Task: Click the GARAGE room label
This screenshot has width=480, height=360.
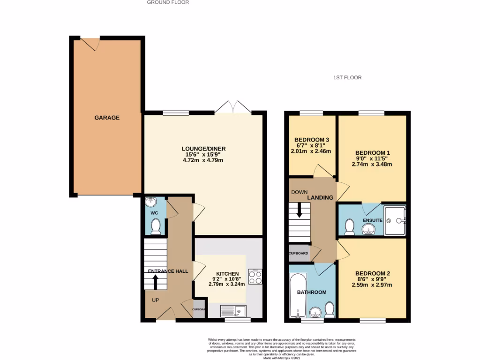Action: [x=107, y=118]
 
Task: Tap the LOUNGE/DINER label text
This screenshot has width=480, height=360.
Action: [x=201, y=149]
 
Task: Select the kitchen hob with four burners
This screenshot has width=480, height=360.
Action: [x=255, y=277]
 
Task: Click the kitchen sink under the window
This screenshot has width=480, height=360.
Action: [x=233, y=310]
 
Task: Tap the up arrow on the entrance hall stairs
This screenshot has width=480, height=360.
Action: [x=155, y=282]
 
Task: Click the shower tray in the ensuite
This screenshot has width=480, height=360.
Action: [x=395, y=220]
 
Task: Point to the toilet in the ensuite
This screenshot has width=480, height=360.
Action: [x=349, y=227]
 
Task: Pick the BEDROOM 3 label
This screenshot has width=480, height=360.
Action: [x=312, y=140]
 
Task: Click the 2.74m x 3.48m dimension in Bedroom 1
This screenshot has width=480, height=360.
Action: [x=372, y=164]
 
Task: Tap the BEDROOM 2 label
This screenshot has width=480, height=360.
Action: [x=373, y=273]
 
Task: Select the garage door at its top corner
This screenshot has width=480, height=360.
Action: [x=90, y=43]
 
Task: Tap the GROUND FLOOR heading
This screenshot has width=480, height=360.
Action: [x=168, y=2]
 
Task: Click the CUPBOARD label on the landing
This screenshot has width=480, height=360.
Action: [x=299, y=253]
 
